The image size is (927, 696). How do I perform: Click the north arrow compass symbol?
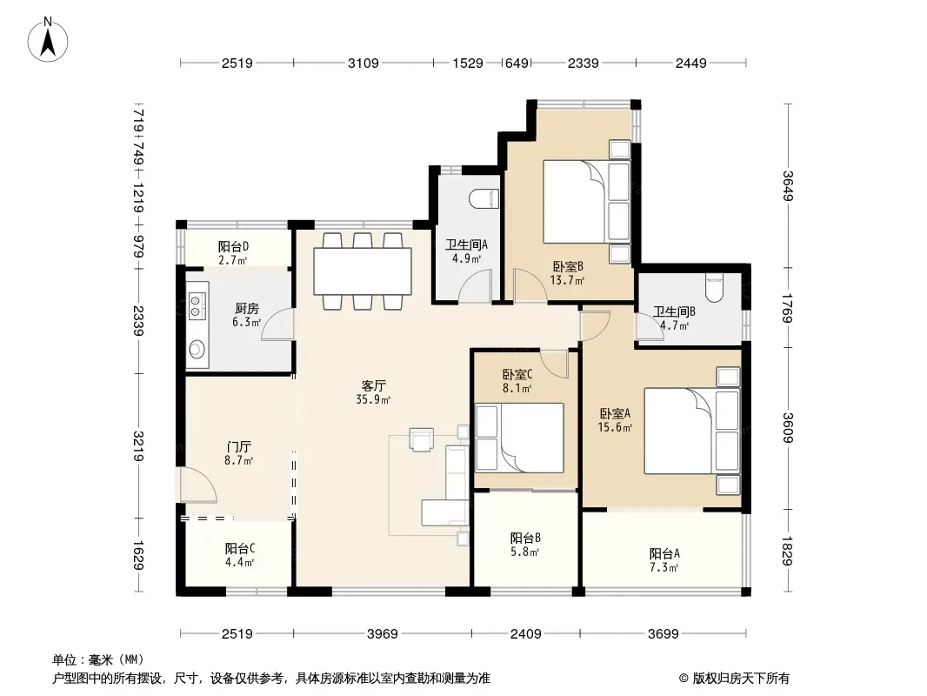48,40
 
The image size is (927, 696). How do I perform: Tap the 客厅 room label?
374,386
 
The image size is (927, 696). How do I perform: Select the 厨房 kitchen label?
246,309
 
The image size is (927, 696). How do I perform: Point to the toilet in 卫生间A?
484,199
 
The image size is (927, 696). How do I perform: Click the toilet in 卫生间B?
715,287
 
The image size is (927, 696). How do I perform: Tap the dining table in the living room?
363,271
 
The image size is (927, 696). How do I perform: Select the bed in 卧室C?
520,438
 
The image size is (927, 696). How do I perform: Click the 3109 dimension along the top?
363,63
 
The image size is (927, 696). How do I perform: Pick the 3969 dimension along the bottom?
383,634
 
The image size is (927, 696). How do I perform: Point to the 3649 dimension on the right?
788,185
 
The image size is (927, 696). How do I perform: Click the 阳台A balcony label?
664,554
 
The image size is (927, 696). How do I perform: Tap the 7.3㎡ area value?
664,568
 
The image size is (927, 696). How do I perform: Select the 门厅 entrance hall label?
238,446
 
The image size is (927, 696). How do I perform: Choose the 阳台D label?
233,246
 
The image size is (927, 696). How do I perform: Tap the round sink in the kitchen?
197,349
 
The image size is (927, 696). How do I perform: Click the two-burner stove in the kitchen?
197,305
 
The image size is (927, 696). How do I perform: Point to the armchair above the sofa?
422,439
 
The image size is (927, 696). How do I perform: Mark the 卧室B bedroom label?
568,267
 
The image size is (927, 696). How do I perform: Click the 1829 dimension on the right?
788,551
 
